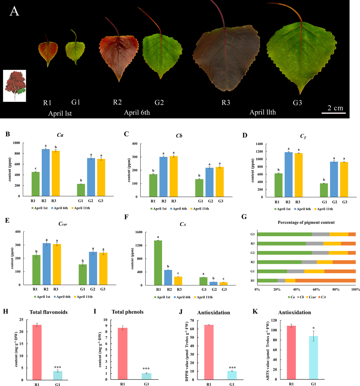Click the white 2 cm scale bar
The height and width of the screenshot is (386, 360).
(334, 113)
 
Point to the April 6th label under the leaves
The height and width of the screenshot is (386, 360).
(137, 113)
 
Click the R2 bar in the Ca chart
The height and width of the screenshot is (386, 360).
(46, 173)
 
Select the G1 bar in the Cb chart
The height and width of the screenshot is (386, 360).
(199, 188)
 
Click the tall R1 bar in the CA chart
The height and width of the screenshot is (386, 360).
(158, 263)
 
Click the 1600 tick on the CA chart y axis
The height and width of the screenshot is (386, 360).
(139, 232)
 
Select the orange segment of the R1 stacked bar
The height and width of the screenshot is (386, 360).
(325, 281)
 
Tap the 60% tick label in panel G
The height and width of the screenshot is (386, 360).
(316, 290)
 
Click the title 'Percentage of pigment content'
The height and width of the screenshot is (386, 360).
(306, 222)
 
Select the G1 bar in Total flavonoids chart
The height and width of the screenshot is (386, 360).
(58, 375)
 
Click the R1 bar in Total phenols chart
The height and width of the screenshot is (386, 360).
(122, 354)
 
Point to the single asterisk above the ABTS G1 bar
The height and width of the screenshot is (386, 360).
(313, 328)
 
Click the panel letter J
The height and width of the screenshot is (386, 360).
(181, 312)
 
